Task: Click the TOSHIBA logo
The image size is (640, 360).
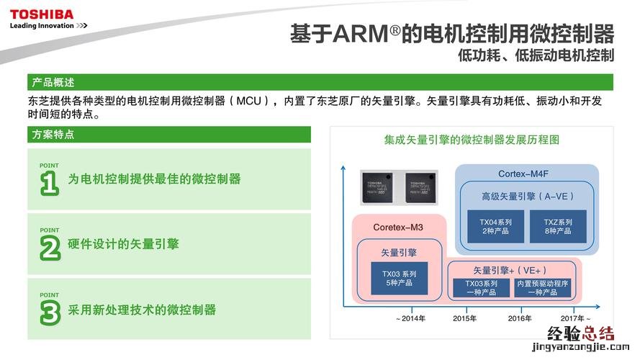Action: point(42,14)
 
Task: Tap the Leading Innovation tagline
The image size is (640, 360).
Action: point(48,26)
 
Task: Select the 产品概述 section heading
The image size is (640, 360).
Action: point(53,82)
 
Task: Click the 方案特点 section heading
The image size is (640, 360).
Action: point(53,135)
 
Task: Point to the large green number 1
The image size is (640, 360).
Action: point(49,182)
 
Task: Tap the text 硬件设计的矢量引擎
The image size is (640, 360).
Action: point(123,244)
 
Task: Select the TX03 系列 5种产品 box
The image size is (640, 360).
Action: point(399,278)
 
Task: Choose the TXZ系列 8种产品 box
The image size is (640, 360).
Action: point(557,226)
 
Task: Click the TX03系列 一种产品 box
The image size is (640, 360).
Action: point(481,288)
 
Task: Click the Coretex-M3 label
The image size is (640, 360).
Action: point(398,228)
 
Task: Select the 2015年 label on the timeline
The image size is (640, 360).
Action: point(464,318)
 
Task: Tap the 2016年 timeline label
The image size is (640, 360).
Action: point(520,318)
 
